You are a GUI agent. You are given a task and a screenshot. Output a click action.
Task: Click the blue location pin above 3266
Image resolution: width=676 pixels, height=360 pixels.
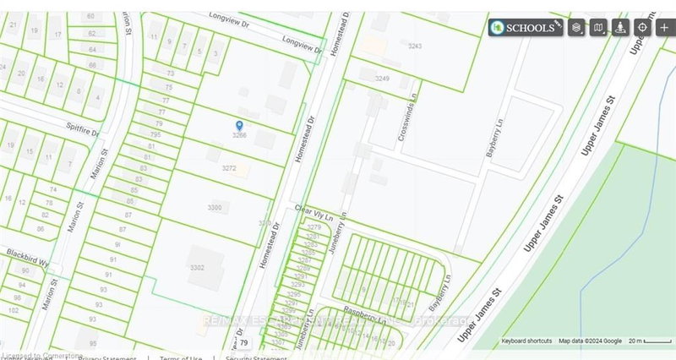coord(239,125)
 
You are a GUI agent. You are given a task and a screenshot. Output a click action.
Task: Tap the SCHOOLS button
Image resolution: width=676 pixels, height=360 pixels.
coord(526,27)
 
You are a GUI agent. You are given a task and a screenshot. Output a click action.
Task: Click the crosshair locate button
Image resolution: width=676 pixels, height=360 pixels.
coord(642,27)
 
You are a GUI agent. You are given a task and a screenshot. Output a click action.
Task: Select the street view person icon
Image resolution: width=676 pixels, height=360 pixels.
coord(621,27)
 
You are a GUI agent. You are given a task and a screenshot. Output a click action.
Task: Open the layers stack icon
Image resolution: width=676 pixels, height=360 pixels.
coord(576,27)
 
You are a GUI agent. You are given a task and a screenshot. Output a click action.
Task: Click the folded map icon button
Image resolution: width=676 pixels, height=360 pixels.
coord(598,27)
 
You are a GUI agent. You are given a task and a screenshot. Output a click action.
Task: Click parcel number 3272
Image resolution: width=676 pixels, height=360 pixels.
coord(228,168)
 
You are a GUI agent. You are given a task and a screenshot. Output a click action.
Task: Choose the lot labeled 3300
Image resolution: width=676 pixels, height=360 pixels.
coord(214,207)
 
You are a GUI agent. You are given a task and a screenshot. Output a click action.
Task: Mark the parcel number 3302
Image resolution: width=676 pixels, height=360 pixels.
coord(197,267)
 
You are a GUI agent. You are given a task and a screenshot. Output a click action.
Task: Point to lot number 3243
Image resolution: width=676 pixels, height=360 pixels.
coord(414,46)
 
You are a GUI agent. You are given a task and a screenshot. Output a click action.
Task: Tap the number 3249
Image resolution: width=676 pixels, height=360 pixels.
coord(382,78)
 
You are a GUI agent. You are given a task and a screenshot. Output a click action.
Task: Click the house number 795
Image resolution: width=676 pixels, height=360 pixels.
coord(155,134)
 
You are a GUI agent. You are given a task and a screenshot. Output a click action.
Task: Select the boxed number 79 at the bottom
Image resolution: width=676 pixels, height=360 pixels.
coord(244,343)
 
